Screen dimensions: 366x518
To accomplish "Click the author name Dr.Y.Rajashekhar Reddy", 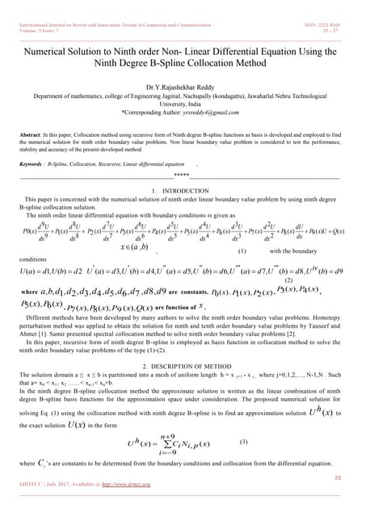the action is [183, 87].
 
